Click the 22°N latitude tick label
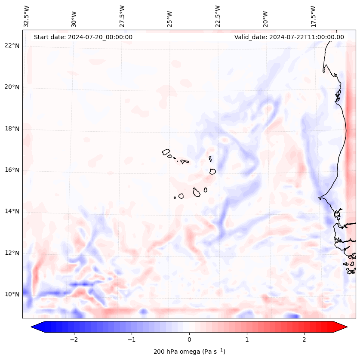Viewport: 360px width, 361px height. pos(12,46)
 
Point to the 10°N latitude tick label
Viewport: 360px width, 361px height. pos(12,294)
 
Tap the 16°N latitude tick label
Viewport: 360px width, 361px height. pos(12,170)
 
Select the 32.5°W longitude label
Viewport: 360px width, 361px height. pos(27,16)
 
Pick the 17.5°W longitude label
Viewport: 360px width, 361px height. pos(313,16)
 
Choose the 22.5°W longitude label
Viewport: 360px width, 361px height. pos(218,16)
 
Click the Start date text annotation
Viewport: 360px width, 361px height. pos(83,37)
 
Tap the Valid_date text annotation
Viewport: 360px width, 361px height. pos(289,37)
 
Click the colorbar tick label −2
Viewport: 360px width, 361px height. pos(74,339)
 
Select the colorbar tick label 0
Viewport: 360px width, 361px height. pos(189,339)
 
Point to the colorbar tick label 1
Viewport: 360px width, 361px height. pos(247,339)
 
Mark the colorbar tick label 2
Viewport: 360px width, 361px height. pos(305,339)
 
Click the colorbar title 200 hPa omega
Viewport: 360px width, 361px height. pos(189,352)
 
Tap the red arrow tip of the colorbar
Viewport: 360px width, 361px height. pos(342,327)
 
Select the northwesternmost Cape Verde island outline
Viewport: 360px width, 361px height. pos(166,151)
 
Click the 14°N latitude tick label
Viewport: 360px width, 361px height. pos(12,211)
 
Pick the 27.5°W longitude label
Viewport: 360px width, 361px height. pos(122,16)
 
